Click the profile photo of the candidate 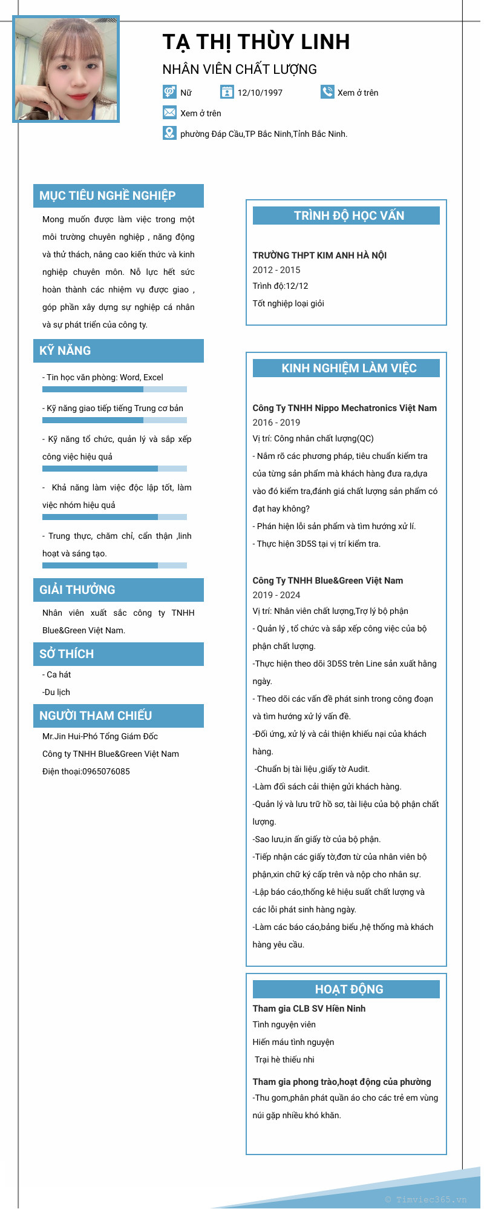pyautogui.click(x=66, y=69)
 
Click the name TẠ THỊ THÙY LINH pyautogui.click(x=256, y=42)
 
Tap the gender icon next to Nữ pyautogui.click(x=169, y=92)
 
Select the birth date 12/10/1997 pyautogui.click(x=260, y=93)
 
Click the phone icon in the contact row pyautogui.click(x=327, y=92)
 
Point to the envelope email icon pyautogui.click(x=169, y=113)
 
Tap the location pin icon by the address pyautogui.click(x=169, y=133)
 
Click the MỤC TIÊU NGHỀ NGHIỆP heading pyautogui.click(x=108, y=196)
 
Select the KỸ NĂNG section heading pyautogui.click(x=65, y=351)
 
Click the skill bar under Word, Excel pyautogui.click(x=114, y=389)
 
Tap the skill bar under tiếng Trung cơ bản pyautogui.click(x=114, y=420)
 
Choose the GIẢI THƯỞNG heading pyautogui.click(x=77, y=590)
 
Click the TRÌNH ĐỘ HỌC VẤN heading pyautogui.click(x=349, y=216)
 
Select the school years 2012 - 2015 pyautogui.click(x=276, y=270)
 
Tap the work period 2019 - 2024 pyautogui.click(x=276, y=595)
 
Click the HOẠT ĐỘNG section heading pyautogui.click(x=349, y=989)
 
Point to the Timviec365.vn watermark pyautogui.click(x=426, y=1199)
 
